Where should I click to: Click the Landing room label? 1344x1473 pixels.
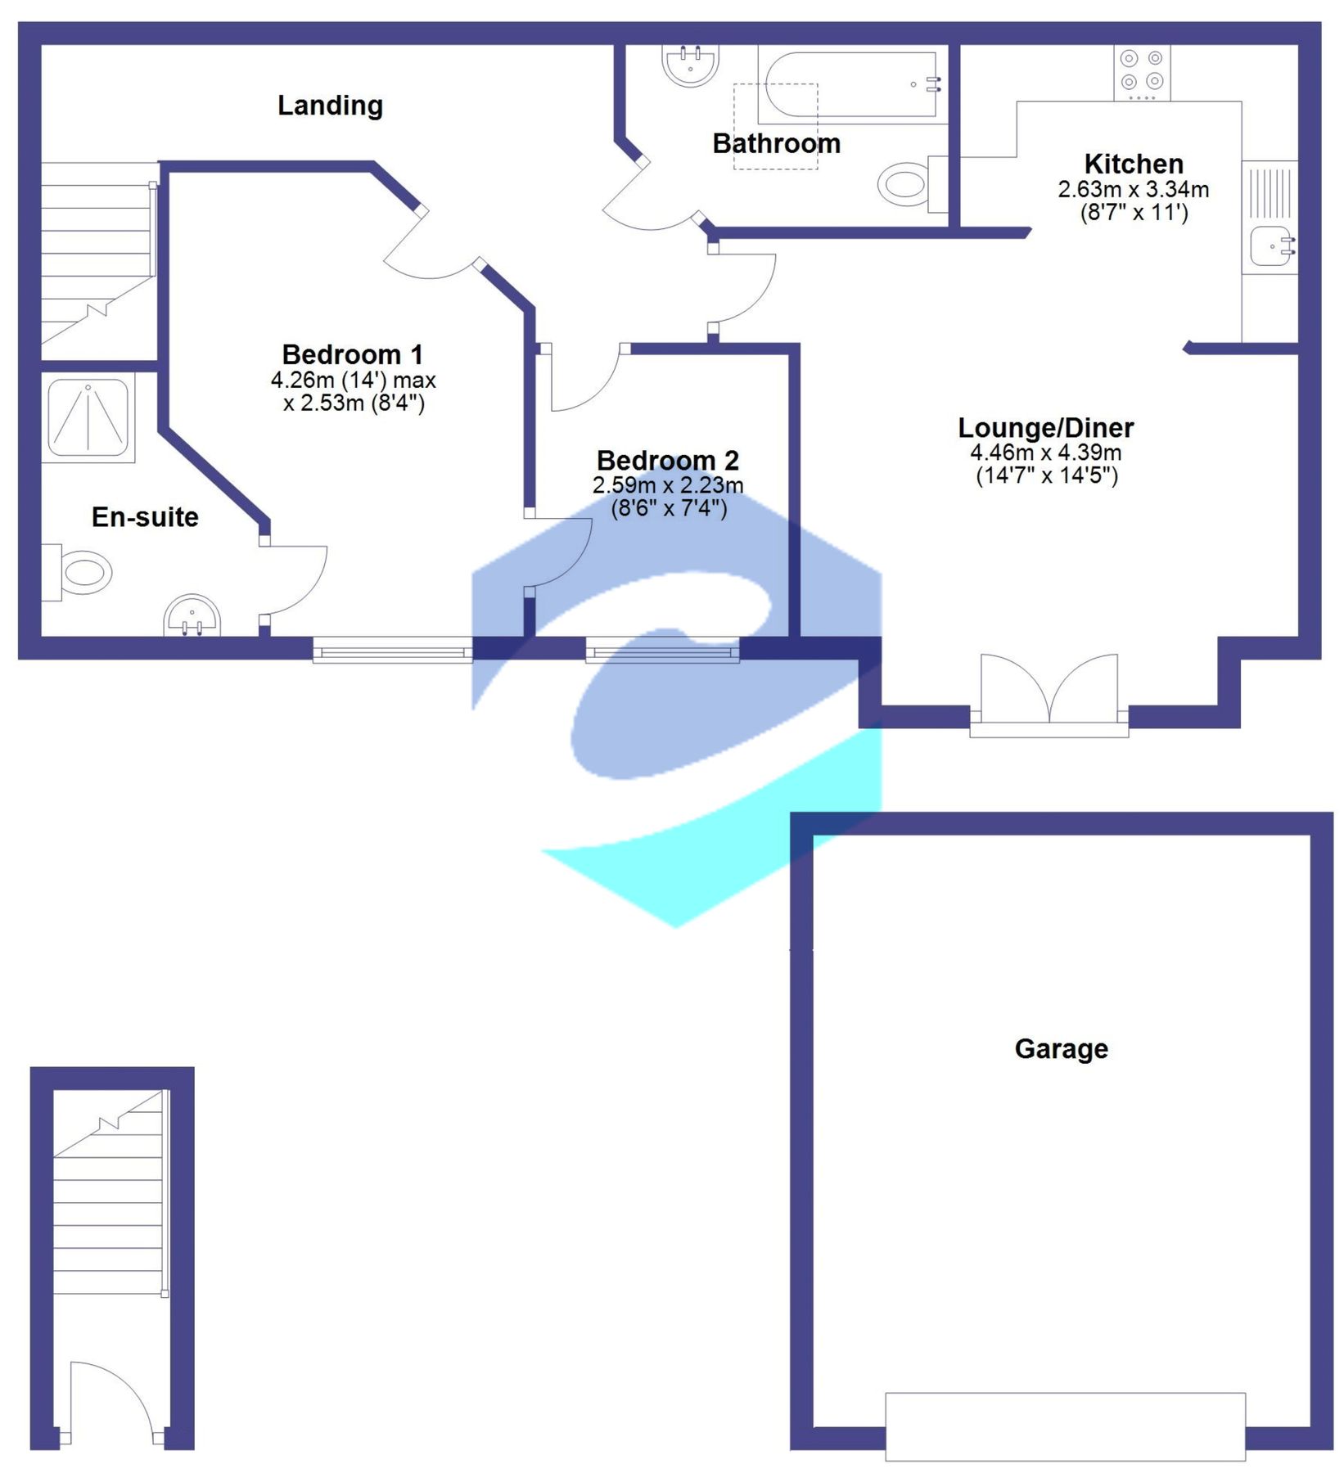[330, 106]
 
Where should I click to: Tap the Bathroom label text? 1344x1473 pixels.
[776, 144]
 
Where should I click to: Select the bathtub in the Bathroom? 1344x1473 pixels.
[851, 85]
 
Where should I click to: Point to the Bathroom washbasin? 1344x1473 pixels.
[690, 65]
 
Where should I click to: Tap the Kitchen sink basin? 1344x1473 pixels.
[1272, 246]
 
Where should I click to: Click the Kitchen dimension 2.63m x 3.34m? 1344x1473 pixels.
[1133, 190]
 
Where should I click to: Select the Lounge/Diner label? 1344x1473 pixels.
[1045, 428]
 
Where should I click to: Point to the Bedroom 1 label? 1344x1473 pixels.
[352, 355]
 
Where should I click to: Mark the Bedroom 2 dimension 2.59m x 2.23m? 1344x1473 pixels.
[668, 485]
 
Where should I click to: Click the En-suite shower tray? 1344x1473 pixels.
[88, 417]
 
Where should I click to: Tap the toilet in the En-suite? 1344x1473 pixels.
[80, 572]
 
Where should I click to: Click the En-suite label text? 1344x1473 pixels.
[145, 517]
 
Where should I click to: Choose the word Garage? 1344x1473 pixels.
[1061, 1049]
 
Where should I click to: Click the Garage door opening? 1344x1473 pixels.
[1065, 1426]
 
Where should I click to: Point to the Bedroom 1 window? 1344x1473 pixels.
[392, 652]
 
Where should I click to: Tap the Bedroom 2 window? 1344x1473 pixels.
[662, 652]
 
